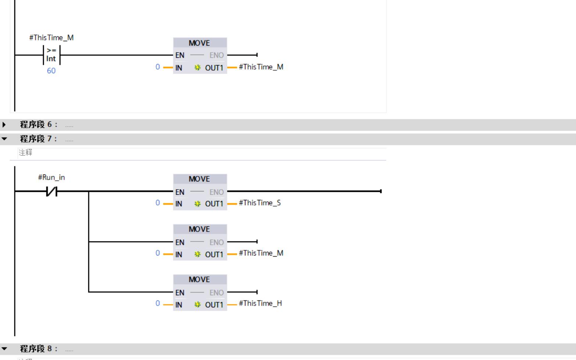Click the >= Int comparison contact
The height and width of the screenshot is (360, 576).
(51, 55)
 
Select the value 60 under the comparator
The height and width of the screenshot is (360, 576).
(51, 71)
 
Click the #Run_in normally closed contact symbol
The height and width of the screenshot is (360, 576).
(51, 191)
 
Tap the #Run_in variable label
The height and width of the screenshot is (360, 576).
(51, 177)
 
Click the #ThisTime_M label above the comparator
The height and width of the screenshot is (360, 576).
(51, 38)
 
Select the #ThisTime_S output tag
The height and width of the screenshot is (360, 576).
(260, 203)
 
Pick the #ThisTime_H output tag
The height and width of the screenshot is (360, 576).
(260, 303)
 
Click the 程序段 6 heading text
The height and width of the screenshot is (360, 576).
(39, 124)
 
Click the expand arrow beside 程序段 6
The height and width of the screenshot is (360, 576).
(4, 124)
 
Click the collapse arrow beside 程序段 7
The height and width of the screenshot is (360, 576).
(4, 139)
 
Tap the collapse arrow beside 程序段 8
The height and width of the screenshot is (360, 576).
(4, 349)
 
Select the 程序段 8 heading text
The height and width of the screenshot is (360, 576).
(39, 349)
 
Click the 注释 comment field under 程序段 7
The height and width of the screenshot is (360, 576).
(26, 152)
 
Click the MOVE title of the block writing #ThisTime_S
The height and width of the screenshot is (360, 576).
(199, 179)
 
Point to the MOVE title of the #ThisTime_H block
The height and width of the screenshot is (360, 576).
(199, 279)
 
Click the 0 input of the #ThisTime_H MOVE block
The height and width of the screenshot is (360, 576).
(157, 303)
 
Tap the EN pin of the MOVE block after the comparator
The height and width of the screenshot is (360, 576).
(180, 55)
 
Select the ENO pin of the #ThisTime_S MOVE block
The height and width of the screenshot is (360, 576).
(217, 192)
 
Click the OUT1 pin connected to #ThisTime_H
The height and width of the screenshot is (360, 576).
(214, 305)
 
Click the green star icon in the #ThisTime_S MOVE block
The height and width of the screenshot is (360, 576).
(198, 204)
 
